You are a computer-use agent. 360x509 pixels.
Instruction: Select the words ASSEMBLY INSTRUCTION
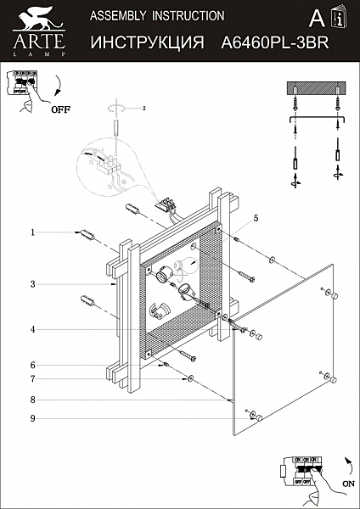click(157, 15)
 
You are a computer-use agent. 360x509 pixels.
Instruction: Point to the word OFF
click(60, 109)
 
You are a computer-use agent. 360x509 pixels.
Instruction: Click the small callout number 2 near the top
click(144, 109)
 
